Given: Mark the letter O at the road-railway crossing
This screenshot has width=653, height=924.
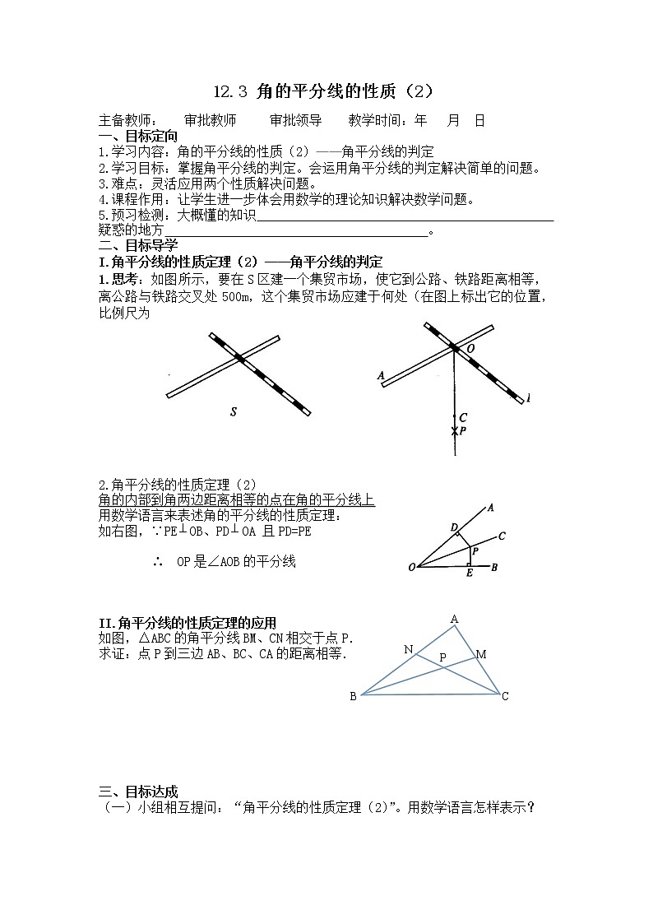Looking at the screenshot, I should [x=470, y=349].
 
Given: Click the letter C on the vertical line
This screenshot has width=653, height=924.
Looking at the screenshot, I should [x=463, y=418].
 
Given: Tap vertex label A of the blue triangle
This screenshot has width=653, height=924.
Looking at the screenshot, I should [x=454, y=619].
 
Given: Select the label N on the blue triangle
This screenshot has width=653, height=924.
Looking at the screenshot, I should [x=408, y=650].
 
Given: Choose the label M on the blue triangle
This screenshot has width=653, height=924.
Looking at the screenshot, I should [x=481, y=654].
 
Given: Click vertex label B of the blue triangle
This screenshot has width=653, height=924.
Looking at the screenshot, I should [x=353, y=697].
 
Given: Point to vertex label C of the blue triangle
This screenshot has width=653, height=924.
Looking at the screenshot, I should [x=505, y=697].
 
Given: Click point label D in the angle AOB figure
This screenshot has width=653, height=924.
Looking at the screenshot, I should [x=453, y=527].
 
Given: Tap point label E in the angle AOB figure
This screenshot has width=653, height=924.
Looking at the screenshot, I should [x=469, y=573].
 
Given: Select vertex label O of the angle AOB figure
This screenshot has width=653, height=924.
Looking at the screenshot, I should [x=411, y=567].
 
